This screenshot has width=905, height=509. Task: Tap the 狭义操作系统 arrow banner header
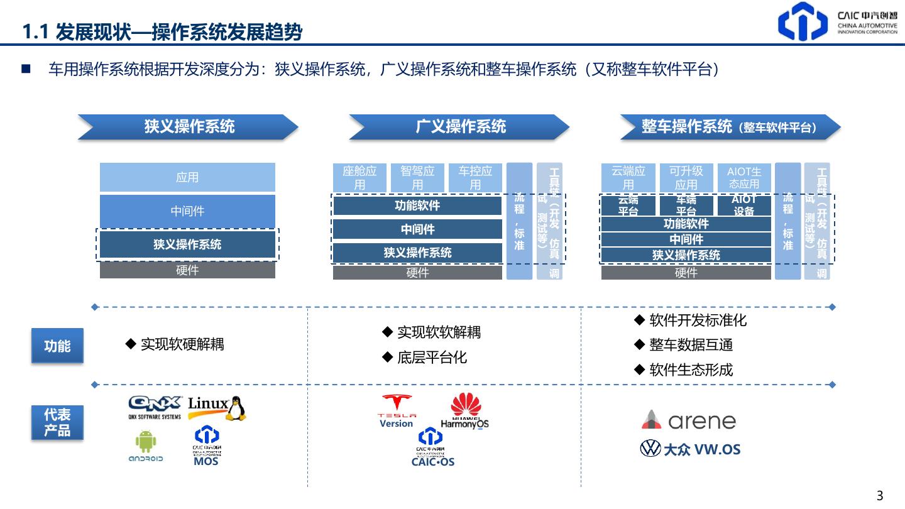(x=189, y=127)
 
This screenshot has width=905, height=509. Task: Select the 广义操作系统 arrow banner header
(x=460, y=127)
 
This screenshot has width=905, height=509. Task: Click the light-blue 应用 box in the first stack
(x=187, y=177)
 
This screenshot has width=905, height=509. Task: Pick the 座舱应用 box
(x=359, y=177)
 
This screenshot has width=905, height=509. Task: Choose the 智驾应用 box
(x=417, y=177)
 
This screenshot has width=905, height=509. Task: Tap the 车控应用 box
(x=475, y=177)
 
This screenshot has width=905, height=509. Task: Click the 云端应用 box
(x=628, y=177)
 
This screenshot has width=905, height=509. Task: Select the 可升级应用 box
(x=686, y=177)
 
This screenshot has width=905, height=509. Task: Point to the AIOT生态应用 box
(x=744, y=177)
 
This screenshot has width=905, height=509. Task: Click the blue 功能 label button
(x=57, y=346)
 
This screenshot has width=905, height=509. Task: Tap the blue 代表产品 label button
(x=57, y=422)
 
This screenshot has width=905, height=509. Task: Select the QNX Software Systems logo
(x=155, y=407)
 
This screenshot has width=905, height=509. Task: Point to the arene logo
(x=689, y=420)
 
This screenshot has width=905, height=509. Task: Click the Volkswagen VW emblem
(x=650, y=449)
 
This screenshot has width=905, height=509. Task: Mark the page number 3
(x=880, y=495)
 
